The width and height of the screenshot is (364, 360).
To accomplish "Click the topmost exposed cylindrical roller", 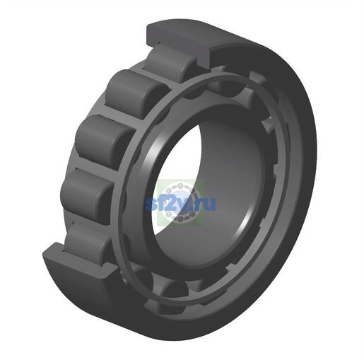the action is click(x=168, y=62).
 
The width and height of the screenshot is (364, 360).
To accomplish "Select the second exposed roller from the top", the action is click(x=136, y=93).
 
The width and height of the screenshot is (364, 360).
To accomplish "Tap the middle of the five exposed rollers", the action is click(x=105, y=139).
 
